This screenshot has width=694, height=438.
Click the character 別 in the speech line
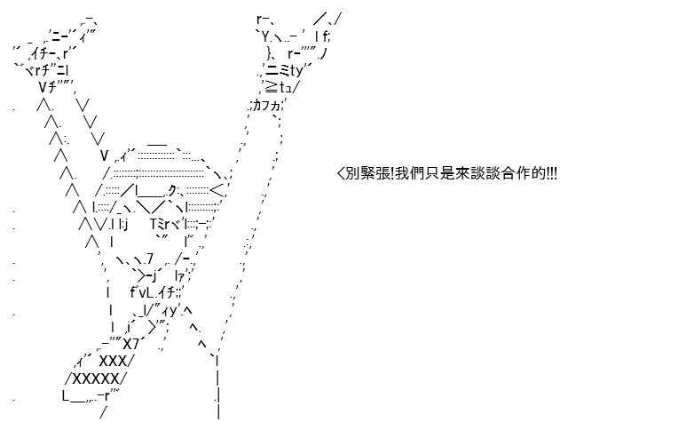(352, 173)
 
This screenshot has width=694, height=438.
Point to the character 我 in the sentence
(402, 173)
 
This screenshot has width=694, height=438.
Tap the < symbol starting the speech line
(341, 173)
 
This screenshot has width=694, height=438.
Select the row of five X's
(96, 379)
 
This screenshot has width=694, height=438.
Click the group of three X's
(113, 362)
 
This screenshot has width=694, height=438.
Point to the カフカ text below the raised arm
(266, 107)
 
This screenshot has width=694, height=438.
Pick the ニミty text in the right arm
(284, 70)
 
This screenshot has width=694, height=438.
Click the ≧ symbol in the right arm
(271, 87)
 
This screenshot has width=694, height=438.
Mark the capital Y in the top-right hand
(264, 36)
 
